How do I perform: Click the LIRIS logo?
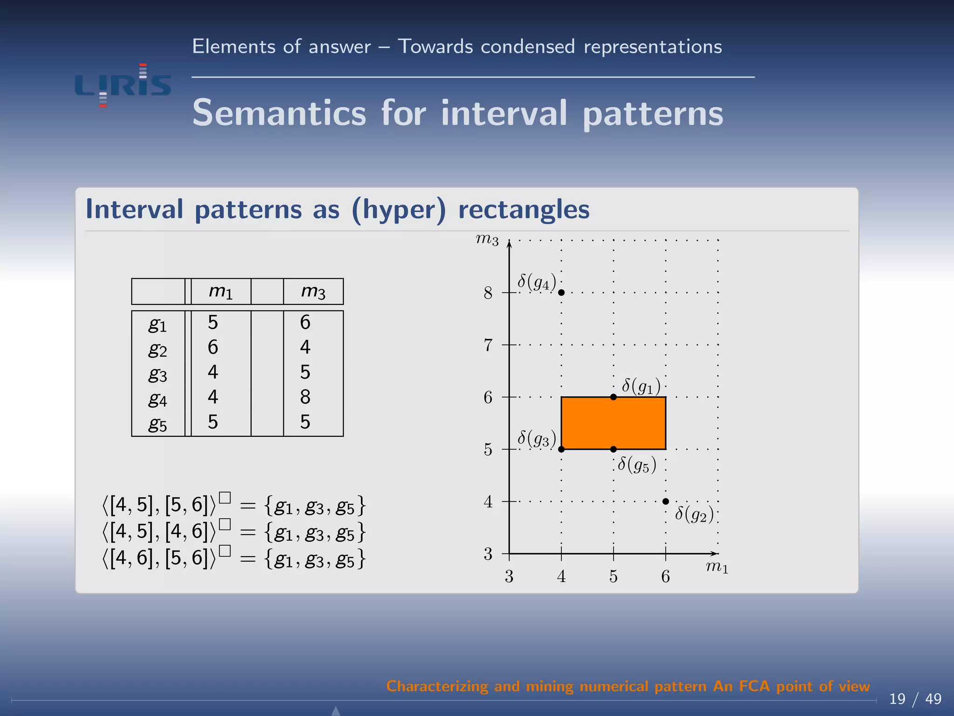[x=123, y=85]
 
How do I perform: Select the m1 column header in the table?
[x=220, y=292]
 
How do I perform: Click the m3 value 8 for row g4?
[x=305, y=397]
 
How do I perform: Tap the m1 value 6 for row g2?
[x=213, y=347]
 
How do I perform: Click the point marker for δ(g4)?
[x=561, y=293]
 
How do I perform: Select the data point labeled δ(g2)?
[x=666, y=502]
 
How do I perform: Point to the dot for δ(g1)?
[x=613, y=397]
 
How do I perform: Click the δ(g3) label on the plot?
[x=537, y=439]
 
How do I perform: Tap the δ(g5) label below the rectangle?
[x=637, y=465]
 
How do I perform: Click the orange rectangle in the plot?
[x=613, y=423]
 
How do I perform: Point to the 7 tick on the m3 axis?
[x=488, y=345]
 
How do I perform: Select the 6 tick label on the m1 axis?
[x=666, y=577]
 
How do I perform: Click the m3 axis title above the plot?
[x=487, y=240]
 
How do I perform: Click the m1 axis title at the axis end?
[x=717, y=567]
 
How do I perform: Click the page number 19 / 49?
[x=915, y=699]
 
